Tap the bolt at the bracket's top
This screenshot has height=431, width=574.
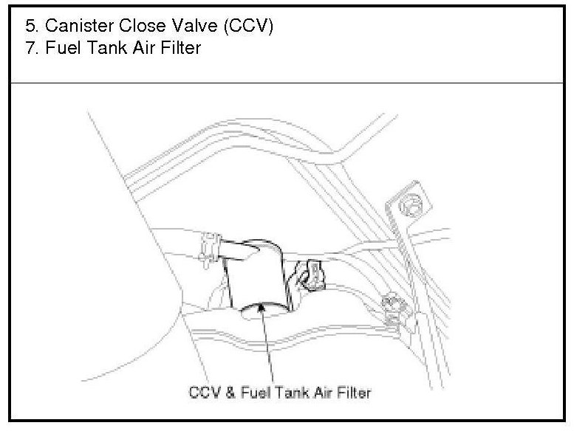point(411,200)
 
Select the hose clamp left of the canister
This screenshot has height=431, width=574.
point(210,247)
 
